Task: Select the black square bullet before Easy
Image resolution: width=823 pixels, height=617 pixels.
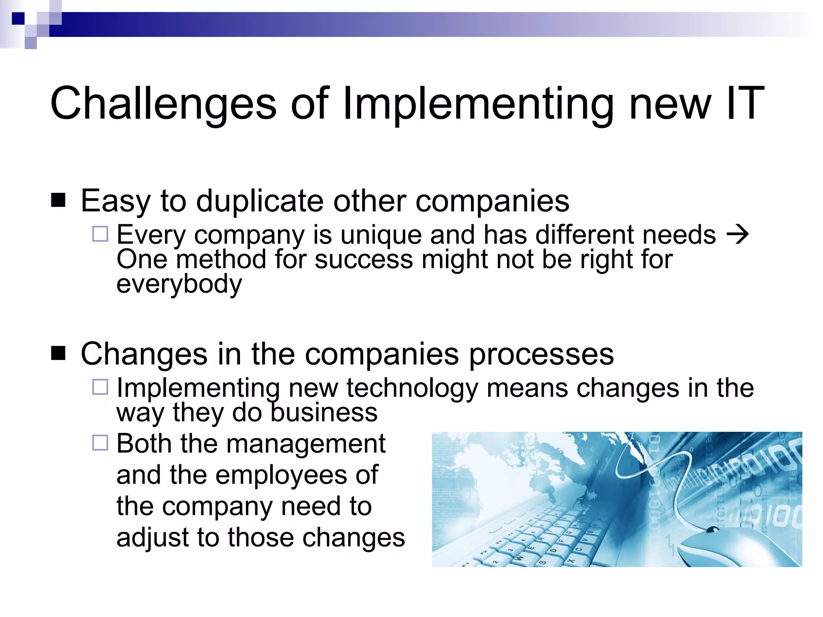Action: point(58,200)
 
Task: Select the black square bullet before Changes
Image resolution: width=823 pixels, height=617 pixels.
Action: point(58,353)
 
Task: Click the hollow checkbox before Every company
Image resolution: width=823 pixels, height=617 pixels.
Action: point(100,234)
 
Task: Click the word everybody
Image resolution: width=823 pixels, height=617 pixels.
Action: point(179,284)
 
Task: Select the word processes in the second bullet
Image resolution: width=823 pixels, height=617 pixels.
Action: point(541,354)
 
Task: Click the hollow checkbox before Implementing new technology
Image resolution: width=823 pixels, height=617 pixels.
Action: point(100,387)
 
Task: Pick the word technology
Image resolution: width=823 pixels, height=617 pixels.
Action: point(412,388)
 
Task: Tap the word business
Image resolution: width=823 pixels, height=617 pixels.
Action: point(324,413)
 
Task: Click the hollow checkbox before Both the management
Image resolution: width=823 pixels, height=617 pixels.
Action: point(100,443)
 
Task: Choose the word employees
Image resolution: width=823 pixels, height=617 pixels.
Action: point(281,475)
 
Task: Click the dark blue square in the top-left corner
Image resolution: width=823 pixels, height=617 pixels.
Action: point(18,18)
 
